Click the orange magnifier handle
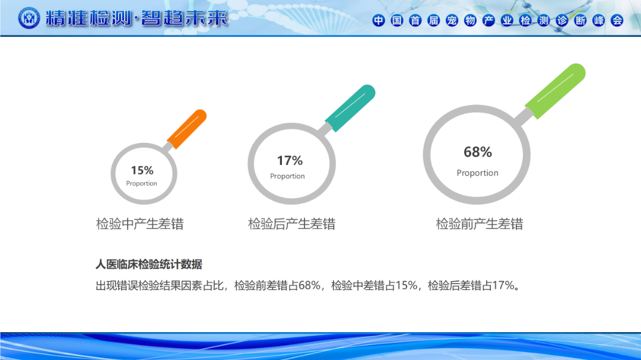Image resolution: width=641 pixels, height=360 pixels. coord(187,129)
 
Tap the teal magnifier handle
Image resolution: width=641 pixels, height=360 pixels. coord(350,109)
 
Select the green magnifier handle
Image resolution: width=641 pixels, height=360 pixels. coord(555,91)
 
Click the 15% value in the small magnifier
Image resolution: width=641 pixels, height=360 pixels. coord(142,170)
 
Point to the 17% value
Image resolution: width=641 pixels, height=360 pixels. coord(290,161)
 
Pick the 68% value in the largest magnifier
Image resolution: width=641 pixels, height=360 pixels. coord(477,152)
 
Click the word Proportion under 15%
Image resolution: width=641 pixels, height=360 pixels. coord(141,183)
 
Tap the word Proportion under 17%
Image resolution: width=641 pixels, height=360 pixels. coord(287,176)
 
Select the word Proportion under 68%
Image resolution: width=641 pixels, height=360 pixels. coord(477,173)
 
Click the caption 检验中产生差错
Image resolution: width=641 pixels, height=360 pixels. coord(140,224)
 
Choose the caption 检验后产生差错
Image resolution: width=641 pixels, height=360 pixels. coord(291,224)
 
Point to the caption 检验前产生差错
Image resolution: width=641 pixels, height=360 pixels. coord(480,224)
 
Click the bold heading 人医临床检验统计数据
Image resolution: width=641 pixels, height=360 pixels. coord(149,265)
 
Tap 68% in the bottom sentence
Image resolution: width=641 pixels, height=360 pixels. coord(309,285)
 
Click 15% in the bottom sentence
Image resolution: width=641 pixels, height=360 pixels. coord(407,285)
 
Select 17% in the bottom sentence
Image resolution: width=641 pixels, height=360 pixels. coord(503,285)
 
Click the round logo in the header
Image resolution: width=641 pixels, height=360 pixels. coord(29,18)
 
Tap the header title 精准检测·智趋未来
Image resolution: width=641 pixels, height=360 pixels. coord(137,18)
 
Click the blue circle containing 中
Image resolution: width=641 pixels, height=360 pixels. coord(379,20)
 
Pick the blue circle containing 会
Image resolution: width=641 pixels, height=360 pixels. coord(617,20)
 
